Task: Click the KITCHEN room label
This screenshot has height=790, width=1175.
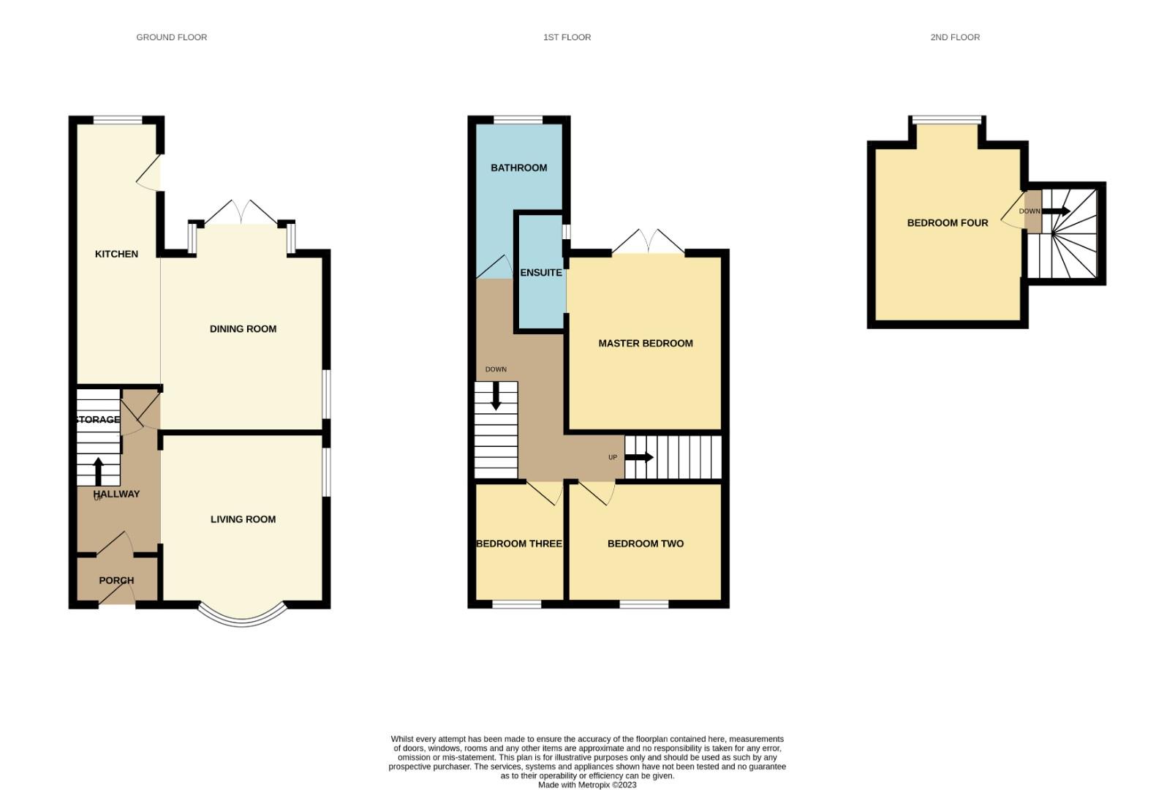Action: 116,254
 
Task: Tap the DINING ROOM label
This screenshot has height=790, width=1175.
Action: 243,329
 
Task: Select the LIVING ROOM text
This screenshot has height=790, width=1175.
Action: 243,519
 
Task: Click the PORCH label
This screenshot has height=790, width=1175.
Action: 116,580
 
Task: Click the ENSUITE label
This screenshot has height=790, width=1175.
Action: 541,273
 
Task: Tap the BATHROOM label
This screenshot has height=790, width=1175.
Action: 518,168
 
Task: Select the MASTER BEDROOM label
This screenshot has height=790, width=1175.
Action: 645,343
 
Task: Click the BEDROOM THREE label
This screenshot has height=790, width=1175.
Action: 518,543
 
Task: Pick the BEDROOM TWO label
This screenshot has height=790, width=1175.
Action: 645,543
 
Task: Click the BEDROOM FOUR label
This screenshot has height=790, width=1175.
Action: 947,223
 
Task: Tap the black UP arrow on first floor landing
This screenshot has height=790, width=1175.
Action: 639,457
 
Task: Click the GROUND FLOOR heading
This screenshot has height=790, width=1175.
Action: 171,37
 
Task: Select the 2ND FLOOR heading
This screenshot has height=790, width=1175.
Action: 954,37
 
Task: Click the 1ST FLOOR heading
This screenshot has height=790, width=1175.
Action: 567,37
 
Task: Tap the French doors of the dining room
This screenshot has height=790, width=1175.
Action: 241,214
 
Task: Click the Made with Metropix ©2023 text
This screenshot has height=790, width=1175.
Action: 587,785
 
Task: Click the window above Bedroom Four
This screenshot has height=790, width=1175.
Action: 947,119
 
